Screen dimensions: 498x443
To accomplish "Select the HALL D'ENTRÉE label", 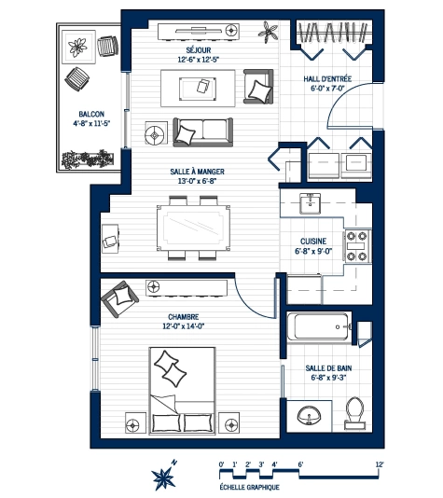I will [x=326, y=79].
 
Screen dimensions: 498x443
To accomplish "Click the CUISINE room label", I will [x=312, y=240].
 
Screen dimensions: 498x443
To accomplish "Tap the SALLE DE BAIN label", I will [x=328, y=369].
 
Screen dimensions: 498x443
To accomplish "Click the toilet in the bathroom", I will [x=354, y=411].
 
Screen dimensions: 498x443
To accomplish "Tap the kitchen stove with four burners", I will [x=357, y=244].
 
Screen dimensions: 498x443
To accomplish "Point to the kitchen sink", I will [x=311, y=203].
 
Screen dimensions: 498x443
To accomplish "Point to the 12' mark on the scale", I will [x=381, y=463].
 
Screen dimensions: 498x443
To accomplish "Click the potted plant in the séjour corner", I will [x=271, y=34].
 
